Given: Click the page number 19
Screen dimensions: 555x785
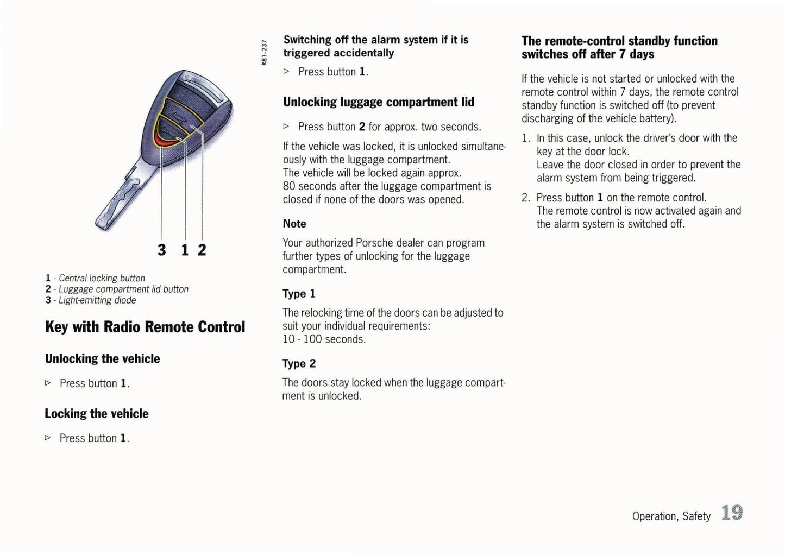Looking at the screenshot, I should coord(732,513).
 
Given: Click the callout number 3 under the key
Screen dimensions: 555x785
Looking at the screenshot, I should coord(161,250).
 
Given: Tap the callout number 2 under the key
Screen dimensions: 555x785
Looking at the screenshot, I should coord(202,250).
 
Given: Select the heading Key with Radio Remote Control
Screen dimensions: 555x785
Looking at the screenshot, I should coord(145,327).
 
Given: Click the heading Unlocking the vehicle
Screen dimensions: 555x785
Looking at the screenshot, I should coord(102,359).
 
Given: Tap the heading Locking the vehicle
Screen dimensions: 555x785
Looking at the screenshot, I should coord(96,414).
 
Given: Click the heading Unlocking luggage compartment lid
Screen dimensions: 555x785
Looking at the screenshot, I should coord(379,102).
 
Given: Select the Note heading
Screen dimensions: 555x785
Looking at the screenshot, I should coord(294,224).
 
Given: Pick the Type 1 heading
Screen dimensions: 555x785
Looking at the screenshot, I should coord(299,294).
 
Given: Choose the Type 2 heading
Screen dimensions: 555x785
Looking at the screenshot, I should coord(299,364).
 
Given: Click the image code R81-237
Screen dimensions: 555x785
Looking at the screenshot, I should coord(264,52).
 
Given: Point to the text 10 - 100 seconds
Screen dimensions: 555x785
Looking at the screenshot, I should coord(324,339).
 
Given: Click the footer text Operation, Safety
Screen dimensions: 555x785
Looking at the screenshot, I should coord(671,516).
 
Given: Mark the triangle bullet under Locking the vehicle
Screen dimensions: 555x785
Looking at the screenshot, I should coord(48,438).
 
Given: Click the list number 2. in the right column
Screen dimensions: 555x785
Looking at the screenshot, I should coord(525,198).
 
